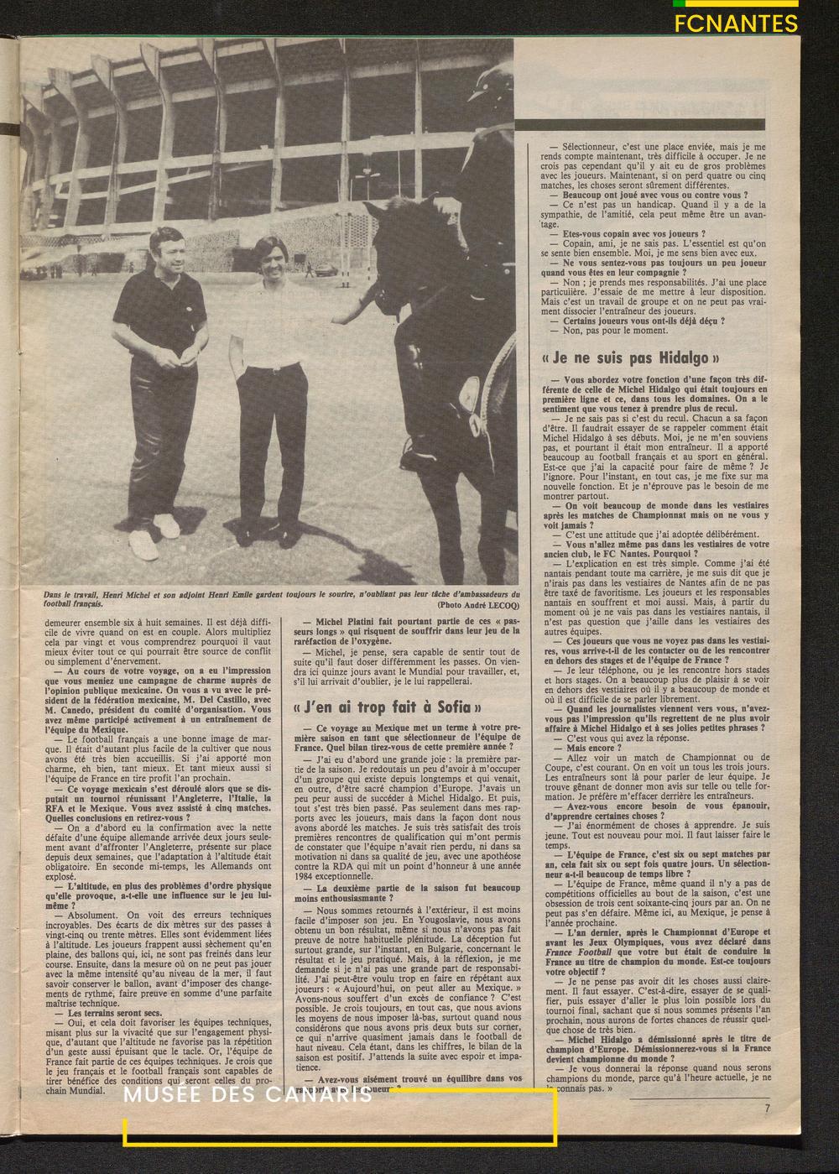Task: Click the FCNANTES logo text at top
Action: (736, 23)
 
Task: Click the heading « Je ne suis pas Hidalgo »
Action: (625, 357)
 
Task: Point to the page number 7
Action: (766, 1107)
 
